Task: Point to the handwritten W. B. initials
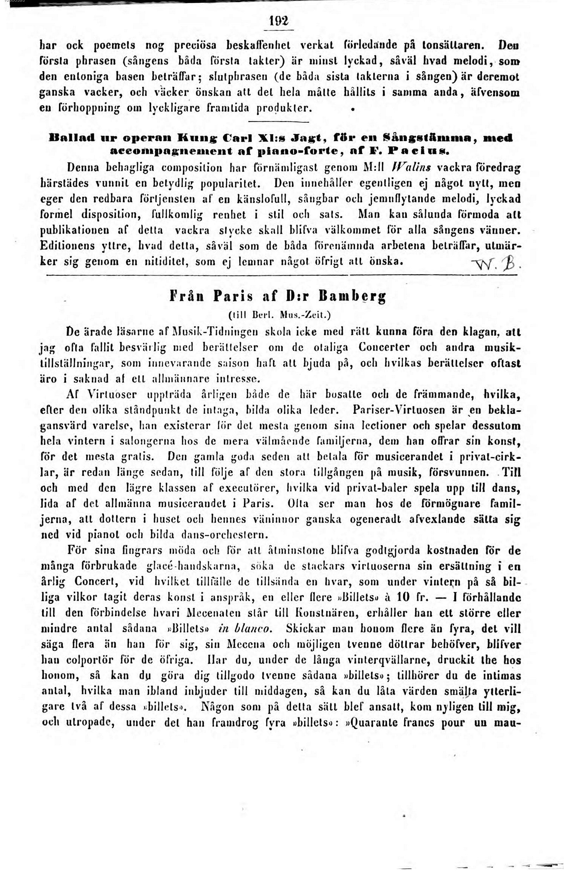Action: tap(497, 263)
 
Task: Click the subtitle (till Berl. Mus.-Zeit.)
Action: tap(279, 314)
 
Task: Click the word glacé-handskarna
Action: tap(193, 566)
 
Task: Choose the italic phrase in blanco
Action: tap(245, 628)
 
